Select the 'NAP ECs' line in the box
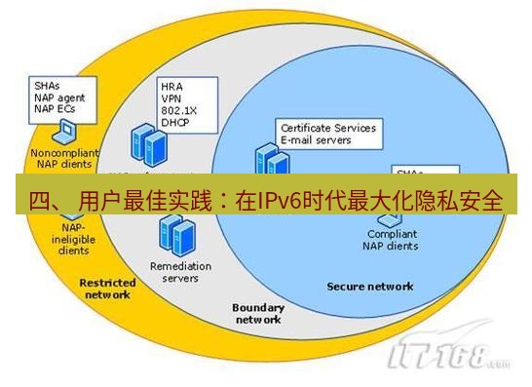[x=54, y=109]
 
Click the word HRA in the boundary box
[x=171, y=86]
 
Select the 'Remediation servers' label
[x=174, y=272]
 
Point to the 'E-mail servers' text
[x=317, y=139]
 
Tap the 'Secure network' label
[x=369, y=287]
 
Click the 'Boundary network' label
[x=257, y=313]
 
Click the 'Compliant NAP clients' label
[x=393, y=240]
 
